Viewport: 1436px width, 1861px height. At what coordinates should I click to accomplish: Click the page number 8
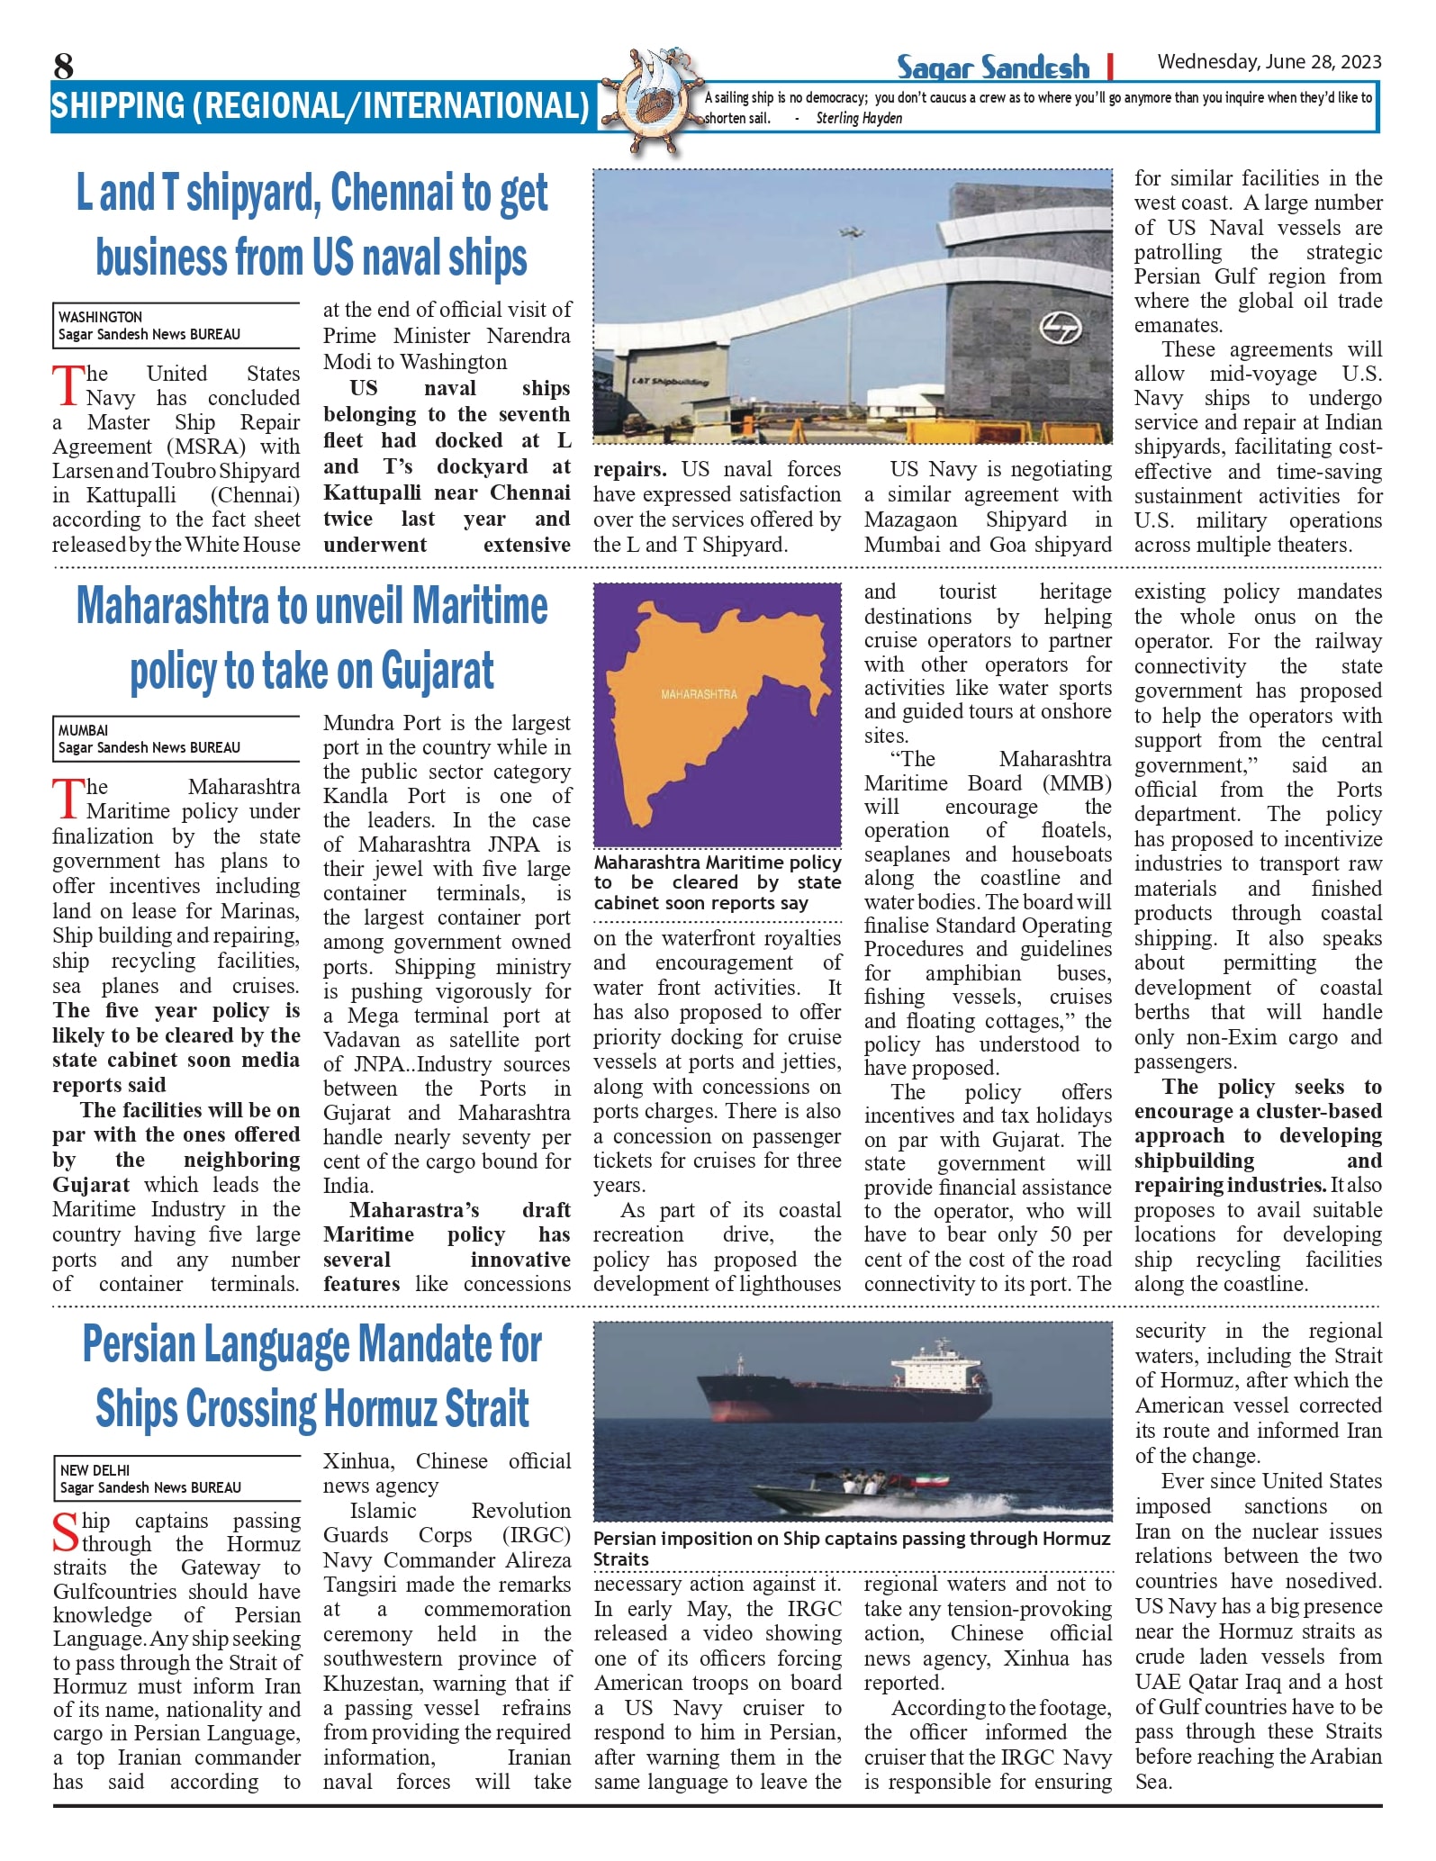point(63,66)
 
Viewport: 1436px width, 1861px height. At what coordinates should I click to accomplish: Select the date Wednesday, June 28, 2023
point(1269,62)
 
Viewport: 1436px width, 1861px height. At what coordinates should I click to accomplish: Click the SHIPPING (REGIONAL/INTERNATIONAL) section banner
point(320,106)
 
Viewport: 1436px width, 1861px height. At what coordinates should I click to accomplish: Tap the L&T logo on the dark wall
point(1061,328)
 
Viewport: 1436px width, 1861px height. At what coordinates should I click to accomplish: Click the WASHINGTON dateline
point(100,317)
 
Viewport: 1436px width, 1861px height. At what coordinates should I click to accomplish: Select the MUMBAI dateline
point(83,730)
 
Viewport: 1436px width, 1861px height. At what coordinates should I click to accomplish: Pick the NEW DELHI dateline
point(95,1469)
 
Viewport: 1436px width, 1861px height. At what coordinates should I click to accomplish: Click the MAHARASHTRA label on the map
point(699,694)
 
